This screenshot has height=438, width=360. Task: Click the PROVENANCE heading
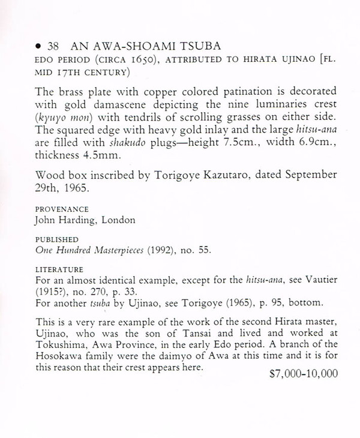63,209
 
